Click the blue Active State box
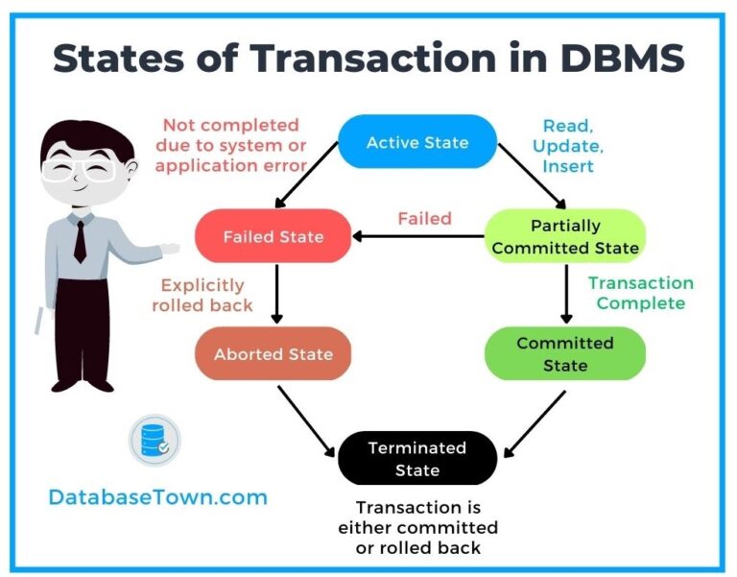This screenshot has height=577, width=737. coord(417,142)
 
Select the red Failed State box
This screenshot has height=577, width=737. coord(273,236)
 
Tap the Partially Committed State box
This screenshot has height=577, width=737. coord(565,237)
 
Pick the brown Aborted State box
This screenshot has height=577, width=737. coord(273,354)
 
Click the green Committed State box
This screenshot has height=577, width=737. coord(565,354)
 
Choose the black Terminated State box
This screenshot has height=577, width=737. coord(417,459)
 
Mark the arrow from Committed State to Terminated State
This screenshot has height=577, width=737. coord(535,421)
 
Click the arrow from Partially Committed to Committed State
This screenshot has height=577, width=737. coord(565,295)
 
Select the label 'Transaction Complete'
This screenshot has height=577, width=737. coord(640,293)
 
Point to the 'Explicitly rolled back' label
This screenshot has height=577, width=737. coord(202,295)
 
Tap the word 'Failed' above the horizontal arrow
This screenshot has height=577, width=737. coord(424,219)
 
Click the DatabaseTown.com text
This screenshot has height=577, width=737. coord(158,497)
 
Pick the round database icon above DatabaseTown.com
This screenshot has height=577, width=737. coord(155,441)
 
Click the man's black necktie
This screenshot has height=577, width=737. coord(80,239)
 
